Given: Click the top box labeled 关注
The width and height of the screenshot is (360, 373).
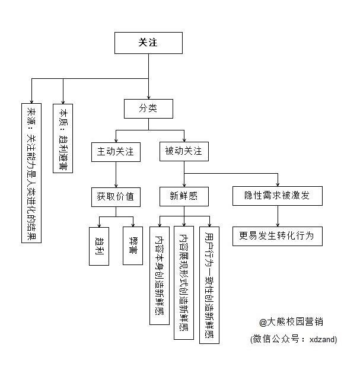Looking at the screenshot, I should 148,43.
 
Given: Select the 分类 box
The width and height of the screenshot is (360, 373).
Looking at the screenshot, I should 148,109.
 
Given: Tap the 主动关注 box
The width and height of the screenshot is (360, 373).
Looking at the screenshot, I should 116,151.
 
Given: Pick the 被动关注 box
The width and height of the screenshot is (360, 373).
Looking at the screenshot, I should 184,151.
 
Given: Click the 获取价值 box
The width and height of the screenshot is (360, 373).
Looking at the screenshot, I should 116,196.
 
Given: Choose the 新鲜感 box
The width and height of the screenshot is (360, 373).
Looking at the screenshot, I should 184,196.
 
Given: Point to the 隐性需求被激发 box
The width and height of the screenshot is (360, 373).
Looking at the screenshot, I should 277,196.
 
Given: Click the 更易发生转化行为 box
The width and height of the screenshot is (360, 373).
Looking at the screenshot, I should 277,236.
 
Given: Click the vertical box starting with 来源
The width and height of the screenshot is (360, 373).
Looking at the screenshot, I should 31,172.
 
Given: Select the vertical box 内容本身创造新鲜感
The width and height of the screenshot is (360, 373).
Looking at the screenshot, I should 160,275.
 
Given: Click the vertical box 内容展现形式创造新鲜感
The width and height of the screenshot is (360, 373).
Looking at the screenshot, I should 184,282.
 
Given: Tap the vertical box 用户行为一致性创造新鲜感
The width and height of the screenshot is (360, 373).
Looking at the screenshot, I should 209,285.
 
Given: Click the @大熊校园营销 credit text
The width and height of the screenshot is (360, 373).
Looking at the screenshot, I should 291,322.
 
